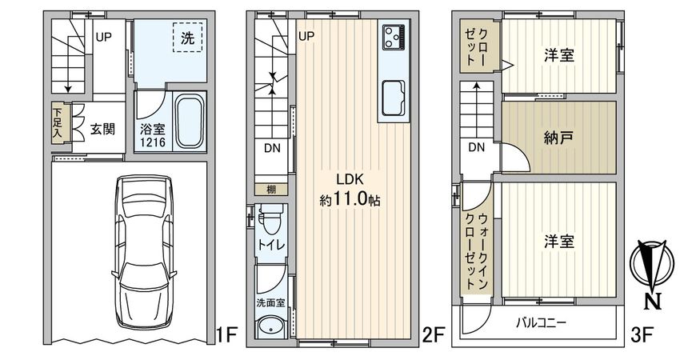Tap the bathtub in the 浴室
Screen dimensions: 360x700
point(189,122)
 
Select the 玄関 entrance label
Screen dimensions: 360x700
point(101,128)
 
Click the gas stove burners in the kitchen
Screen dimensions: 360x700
point(394,34)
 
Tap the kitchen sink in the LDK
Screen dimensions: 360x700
point(393,99)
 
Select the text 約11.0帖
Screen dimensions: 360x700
point(350,200)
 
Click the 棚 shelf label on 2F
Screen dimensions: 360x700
point(271,189)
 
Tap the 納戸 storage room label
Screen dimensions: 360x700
point(560,137)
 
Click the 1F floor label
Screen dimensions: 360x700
point(227,335)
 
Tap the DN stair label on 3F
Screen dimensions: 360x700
point(477,146)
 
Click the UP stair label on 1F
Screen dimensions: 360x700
point(104,37)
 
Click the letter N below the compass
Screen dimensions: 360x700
point(654,302)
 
